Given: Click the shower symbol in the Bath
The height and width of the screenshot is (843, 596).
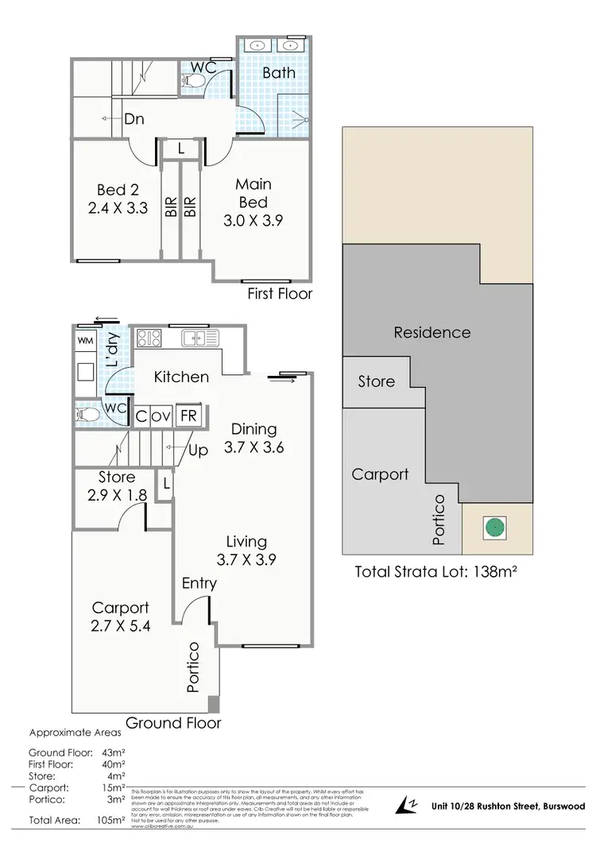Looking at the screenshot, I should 298,119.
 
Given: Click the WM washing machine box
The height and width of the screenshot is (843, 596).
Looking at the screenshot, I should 86,341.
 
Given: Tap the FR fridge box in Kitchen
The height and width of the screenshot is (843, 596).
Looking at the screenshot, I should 188,416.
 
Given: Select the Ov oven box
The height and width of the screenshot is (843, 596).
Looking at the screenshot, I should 161,416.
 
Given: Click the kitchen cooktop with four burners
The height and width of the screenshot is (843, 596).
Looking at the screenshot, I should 149,339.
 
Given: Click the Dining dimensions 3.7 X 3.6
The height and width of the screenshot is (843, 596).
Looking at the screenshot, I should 254,447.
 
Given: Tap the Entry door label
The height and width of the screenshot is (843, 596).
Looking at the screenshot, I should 199,583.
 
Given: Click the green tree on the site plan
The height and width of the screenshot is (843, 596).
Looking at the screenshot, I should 496,526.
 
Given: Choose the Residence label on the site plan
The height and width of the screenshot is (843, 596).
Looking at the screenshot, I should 432,332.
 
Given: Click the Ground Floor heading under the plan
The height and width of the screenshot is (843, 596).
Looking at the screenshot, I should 173,723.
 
